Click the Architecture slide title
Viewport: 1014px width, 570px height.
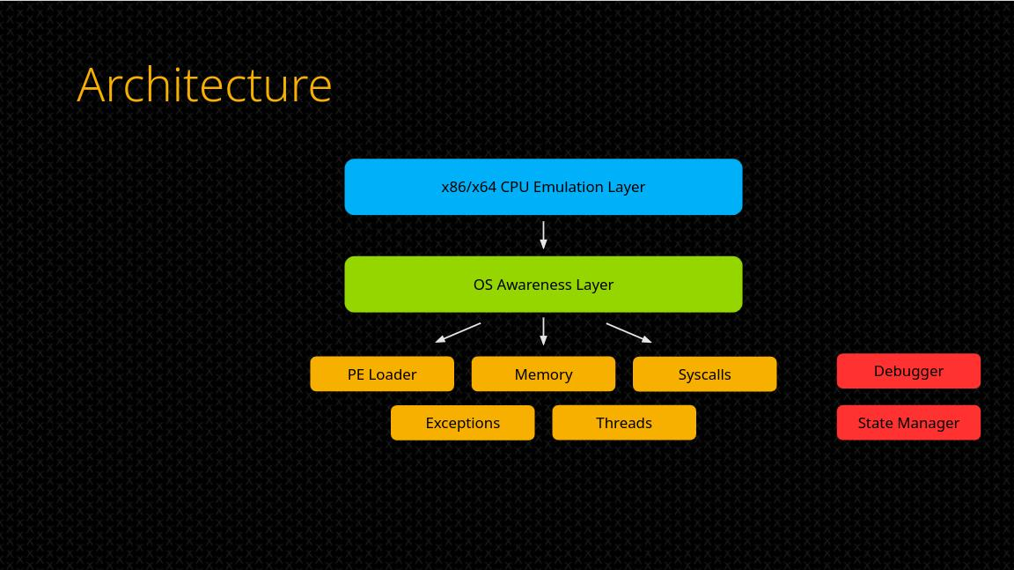[x=204, y=85]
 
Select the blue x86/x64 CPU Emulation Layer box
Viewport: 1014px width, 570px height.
[x=543, y=187]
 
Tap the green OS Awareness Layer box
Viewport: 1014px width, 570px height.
[x=543, y=284]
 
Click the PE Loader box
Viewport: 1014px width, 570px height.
[x=382, y=374]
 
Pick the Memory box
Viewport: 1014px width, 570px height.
[x=543, y=374]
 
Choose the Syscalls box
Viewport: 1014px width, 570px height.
[x=705, y=374]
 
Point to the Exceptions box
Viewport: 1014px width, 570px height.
[x=462, y=423]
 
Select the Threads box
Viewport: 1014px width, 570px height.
[x=624, y=423]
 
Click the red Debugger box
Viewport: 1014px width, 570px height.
[x=908, y=371]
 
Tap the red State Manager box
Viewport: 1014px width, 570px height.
[x=908, y=423]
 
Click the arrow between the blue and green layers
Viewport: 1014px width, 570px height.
[x=543, y=235]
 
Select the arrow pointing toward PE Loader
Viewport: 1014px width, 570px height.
[x=458, y=332]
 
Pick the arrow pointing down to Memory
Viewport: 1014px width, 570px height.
[x=543, y=331]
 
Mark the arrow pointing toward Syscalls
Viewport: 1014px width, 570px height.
[x=629, y=332]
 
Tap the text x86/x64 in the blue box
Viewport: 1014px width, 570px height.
[x=469, y=187]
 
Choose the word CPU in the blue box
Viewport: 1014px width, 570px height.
[x=515, y=187]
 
